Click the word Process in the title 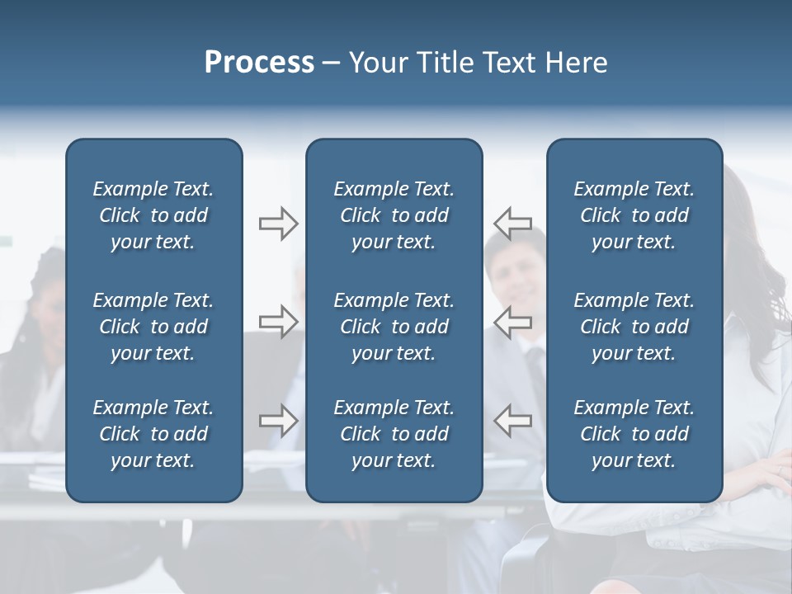(259, 63)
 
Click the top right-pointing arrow (278, 224)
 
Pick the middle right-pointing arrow (278, 322)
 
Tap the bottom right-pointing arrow (278, 421)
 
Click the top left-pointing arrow (512, 224)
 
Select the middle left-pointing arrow (512, 322)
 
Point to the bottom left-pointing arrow (512, 421)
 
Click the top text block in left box (153, 215)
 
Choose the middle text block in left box (153, 327)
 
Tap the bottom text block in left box (153, 434)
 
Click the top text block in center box (394, 215)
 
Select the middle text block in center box (394, 327)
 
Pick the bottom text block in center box (394, 434)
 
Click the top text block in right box (634, 215)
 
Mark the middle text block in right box (634, 327)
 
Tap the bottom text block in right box (634, 434)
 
